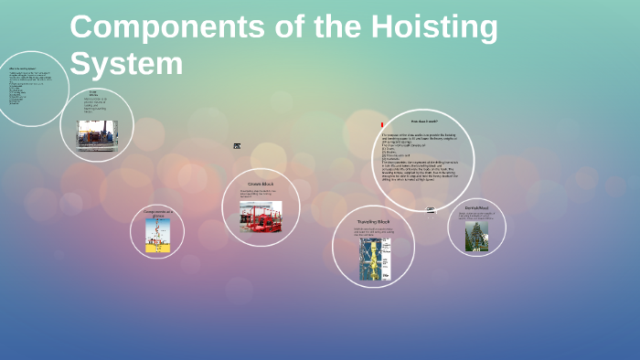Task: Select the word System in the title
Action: (126, 64)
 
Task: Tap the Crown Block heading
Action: (261, 184)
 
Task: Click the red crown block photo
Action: (261, 217)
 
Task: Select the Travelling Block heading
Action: (373, 222)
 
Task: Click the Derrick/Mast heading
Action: (476, 208)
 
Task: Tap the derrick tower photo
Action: (476, 236)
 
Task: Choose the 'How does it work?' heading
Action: (423, 121)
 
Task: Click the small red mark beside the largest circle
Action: (381, 123)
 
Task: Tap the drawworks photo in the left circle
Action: (97, 133)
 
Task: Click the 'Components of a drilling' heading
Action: (157, 213)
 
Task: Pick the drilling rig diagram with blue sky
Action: (157, 234)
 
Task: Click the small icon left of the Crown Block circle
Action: (237, 146)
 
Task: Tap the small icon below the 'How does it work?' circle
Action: (431, 210)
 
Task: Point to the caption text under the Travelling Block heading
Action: (373, 232)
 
